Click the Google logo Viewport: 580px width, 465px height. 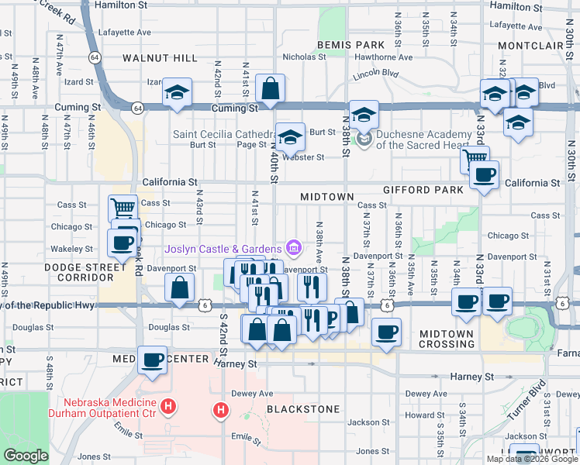click(x=26, y=456)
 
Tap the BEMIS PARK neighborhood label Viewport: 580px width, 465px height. click(x=340, y=46)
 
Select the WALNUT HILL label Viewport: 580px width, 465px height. click(x=161, y=58)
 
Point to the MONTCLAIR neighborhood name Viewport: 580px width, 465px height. click(x=530, y=46)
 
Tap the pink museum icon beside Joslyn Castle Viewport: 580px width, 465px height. click(x=294, y=248)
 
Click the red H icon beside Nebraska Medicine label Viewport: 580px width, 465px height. click(x=168, y=405)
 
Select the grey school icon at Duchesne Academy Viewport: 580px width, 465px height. click(x=361, y=139)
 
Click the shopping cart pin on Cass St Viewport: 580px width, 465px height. click(x=123, y=208)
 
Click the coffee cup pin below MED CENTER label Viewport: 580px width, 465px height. click(x=153, y=359)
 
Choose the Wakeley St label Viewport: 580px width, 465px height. click(x=71, y=249)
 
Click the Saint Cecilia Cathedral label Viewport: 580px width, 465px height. click(x=223, y=133)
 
